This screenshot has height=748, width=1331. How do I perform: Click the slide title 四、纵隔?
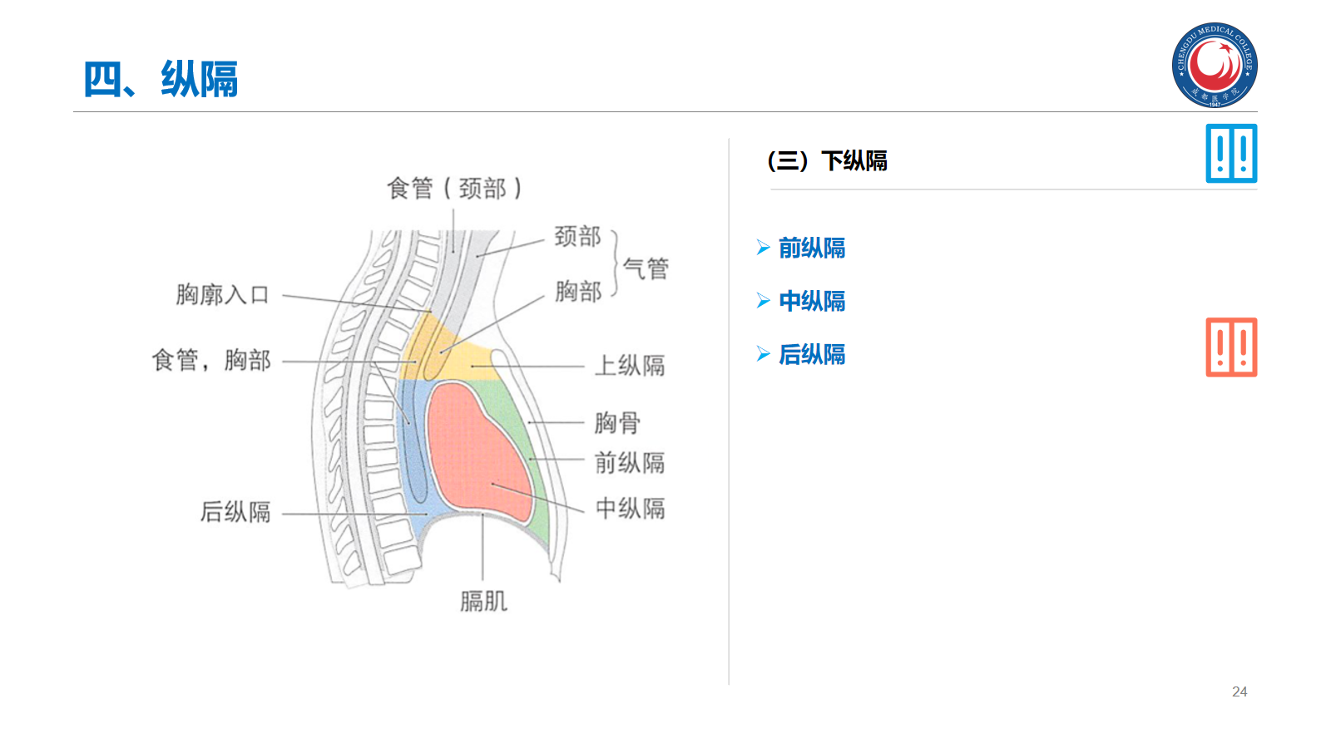(161, 80)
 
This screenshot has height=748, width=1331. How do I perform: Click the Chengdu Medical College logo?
(1215, 65)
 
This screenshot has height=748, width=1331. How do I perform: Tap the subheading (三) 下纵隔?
(827, 160)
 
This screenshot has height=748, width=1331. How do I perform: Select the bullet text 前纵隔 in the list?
(811, 248)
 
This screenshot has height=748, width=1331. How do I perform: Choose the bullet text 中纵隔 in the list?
(811, 301)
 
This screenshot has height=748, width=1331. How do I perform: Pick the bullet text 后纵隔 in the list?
(811, 355)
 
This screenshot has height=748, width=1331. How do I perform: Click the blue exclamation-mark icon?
(1231, 154)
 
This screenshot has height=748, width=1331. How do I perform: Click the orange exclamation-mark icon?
(1231, 347)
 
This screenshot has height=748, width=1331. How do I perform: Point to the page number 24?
(1239, 691)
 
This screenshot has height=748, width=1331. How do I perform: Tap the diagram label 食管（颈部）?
(454, 189)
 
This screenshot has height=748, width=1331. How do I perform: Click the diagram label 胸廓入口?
(222, 295)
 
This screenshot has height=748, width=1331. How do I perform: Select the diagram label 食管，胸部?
(211, 361)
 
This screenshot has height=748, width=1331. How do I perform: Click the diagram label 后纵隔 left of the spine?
(235, 512)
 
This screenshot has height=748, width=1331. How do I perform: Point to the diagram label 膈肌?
(483, 601)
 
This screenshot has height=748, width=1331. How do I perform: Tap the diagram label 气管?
(646, 268)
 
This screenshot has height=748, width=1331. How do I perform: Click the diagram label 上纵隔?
(630, 366)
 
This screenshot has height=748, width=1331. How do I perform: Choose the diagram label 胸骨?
(617, 423)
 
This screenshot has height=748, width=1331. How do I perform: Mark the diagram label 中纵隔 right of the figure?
(630, 509)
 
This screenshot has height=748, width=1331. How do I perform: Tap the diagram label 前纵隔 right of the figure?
(630, 463)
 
